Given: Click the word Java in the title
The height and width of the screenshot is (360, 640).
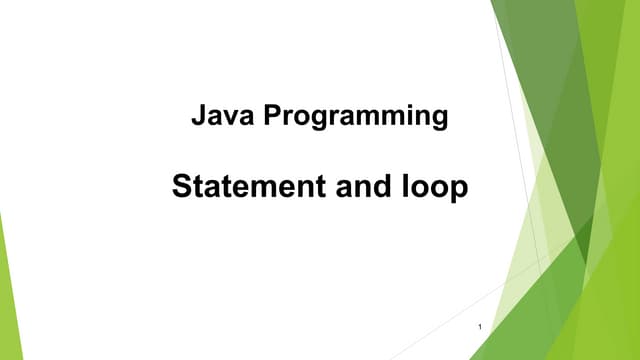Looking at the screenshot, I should click(225, 117).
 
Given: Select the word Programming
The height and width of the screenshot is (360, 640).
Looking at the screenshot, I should click(356, 118).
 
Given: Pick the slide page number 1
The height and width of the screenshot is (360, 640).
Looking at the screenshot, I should click(481, 329).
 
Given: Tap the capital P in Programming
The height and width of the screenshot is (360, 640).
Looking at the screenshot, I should click(273, 117).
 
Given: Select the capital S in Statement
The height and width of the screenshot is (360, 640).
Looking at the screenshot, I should click(181, 187).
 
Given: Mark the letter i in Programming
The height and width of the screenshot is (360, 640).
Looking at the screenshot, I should click(402, 117).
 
